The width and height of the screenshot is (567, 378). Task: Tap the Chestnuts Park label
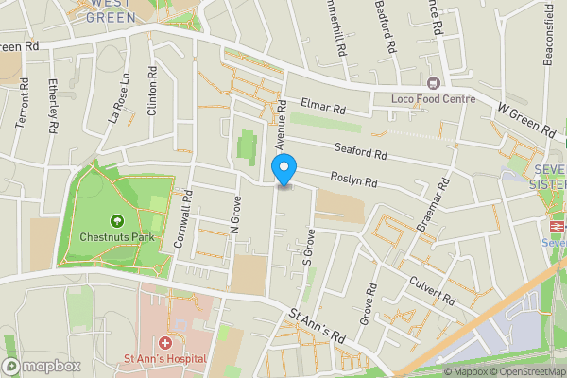(117, 236)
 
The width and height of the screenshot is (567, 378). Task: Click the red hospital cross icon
(163, 341)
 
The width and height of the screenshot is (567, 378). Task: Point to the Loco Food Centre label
(433, 99)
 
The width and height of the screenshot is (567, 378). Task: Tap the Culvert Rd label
(433, 288)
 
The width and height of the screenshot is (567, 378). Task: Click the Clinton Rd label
(152, 91)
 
